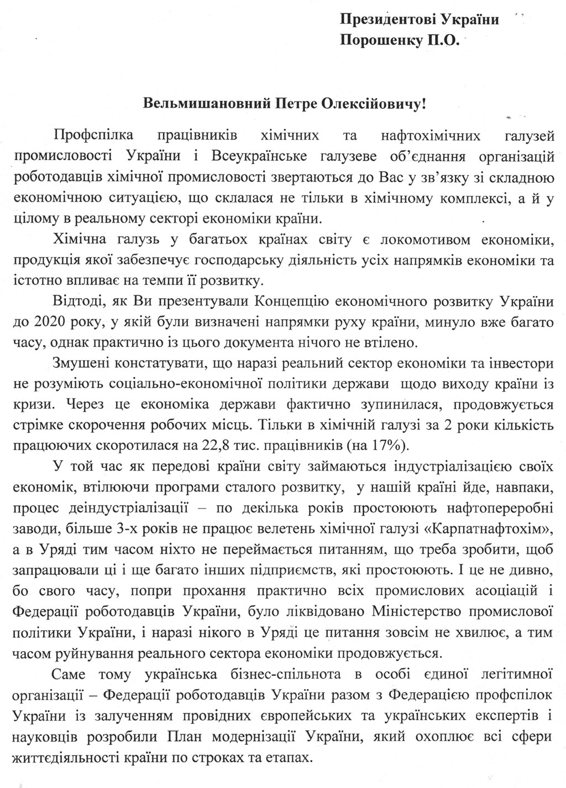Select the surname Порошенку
[375, 40]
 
